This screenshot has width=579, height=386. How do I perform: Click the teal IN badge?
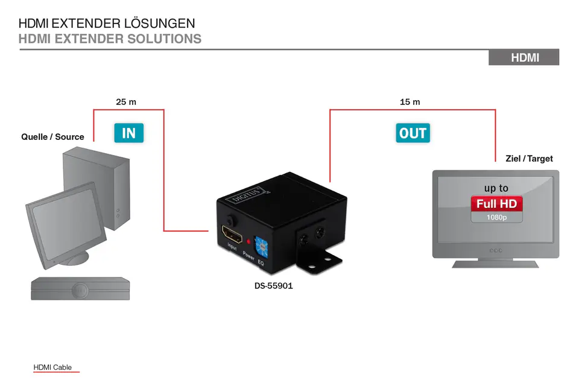click(128, 133)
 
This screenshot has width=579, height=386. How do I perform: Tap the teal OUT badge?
click(413, 133)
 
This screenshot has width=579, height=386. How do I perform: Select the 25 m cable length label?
click(126, 102)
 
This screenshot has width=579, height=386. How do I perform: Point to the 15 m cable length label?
click(410, 102)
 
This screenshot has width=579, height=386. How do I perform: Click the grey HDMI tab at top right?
click(524, 57)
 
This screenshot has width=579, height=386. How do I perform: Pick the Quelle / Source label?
click(52, 137)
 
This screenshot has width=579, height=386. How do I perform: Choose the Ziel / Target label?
click(529, 159)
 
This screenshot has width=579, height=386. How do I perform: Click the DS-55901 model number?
click(274, 285)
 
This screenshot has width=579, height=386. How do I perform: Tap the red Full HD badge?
click(496, 203)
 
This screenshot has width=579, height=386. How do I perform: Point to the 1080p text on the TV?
click(496, 217)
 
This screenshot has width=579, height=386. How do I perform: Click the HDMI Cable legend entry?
click(52, 367)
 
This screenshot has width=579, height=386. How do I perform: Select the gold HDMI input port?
click(232, 233)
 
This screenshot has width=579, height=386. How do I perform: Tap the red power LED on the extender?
click(248, 242)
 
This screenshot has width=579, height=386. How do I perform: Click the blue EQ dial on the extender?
click(261, 247)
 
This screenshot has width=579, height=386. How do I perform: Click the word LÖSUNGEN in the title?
click(159, 24)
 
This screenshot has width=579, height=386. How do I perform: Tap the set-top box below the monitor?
click(80, 288)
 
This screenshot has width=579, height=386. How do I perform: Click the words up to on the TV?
click(496, 188)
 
